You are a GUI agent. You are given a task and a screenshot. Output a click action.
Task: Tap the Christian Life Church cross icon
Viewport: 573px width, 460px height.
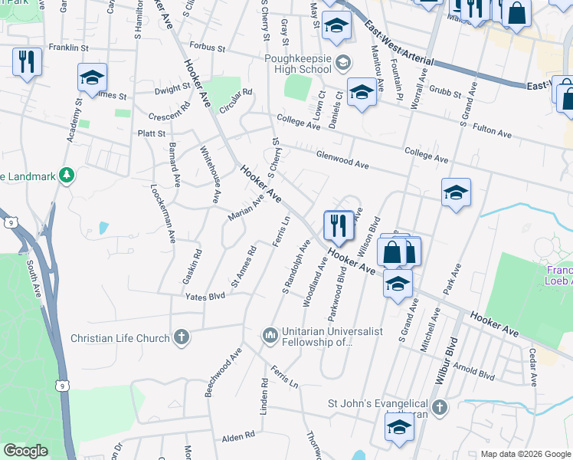point(181,337)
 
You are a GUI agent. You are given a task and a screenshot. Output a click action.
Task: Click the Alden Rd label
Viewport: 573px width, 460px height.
point(237,437)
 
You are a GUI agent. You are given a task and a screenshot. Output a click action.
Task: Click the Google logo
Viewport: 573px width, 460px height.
point(25,451)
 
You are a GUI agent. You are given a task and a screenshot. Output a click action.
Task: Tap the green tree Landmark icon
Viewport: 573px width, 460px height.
point(67,176)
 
